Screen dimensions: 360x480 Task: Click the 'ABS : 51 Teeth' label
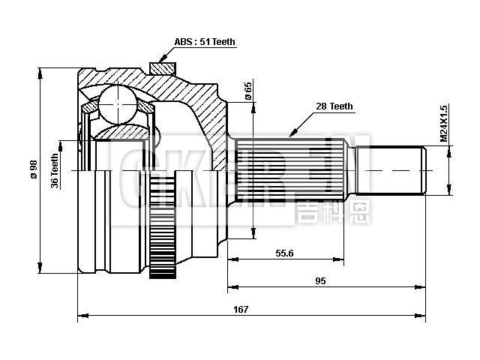click(205, 43)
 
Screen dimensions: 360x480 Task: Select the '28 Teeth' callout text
click(334, 107)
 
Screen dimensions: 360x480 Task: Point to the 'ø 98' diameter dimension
click(32, 171)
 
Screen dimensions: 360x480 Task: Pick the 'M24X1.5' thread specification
click(443, 124)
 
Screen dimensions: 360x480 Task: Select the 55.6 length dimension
click(284, 253)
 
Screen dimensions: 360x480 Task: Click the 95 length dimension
click(320, 280)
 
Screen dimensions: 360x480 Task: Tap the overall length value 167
click(241, 309)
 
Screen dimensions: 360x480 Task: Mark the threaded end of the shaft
click(394, 171)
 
